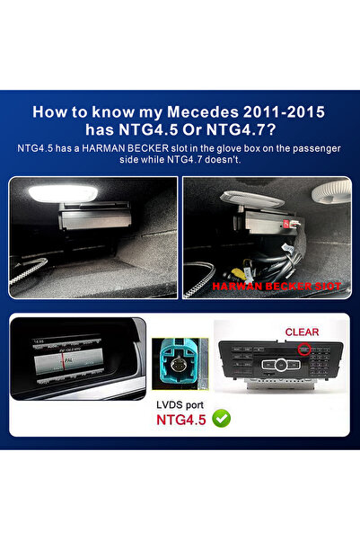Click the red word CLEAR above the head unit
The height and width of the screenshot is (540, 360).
click(302, 332)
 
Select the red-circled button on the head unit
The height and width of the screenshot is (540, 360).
click(305, 350)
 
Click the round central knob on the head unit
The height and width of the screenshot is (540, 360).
click(280, 372)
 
